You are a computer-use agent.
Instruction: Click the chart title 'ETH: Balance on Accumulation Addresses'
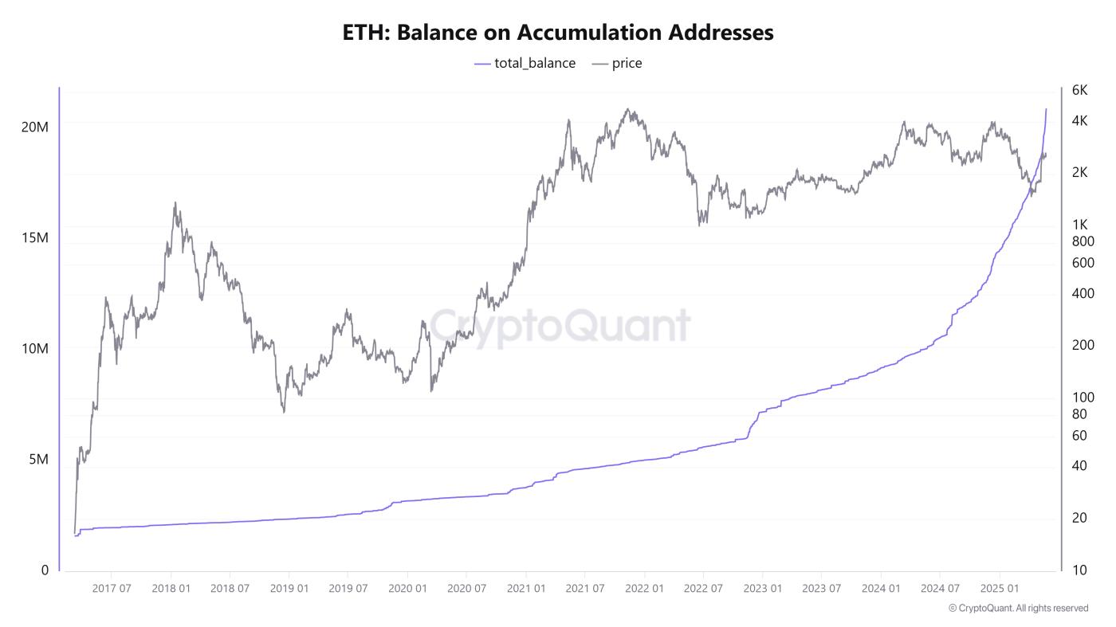pyautogui.click(x=558, y=33)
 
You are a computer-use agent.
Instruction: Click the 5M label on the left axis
pyautogui.click(x=38, y=460)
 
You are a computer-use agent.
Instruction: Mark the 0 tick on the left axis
pyautogui.click(x=45, y=570)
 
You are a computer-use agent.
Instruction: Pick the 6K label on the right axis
pyautogui.click(x=1079, y=90)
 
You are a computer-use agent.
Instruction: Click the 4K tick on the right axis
pyautogui.click(x=1079, y=121)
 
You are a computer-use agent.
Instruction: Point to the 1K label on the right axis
pyautogui.click(x=1079, y=225)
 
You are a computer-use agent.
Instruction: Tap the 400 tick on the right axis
pyautogui.click(x=1083, y=293)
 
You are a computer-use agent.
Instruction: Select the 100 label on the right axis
pyautogui.click(x=1083, y=398)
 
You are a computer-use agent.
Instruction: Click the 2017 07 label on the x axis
pyautogui.click(x=112, y=589)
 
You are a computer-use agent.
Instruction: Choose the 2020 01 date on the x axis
pyautogui.click(x=408, y=589)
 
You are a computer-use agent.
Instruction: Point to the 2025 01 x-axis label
pyautogui.click(x=1000, y=589)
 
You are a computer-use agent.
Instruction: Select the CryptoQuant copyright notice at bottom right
pyautogui.click(x=1018, y=608)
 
